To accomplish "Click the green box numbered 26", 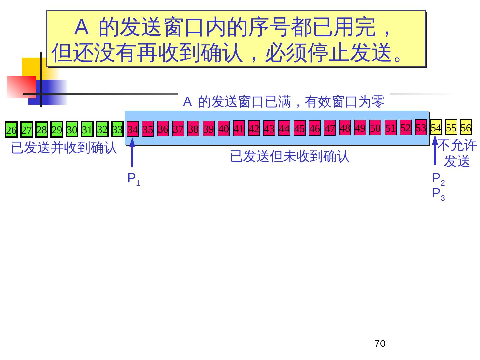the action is (x=11, y=130).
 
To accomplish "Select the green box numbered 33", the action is (x=117, y=129).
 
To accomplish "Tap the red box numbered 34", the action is (x=133, y=129).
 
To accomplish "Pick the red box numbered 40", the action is (x=224, y=129).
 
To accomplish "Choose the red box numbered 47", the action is (x=330, y=128).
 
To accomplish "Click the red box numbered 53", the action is (x=421, y=128).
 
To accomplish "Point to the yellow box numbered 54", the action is (x=436, y=128).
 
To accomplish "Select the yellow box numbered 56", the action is (x=466, y=127).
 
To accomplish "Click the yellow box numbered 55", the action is (x=451, y=127).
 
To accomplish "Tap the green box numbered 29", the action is (x=57, y=130).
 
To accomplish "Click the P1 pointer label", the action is (x=134, y=179).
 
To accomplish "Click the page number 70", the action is (x=380, y=344).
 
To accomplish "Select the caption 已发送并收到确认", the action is (x=64, y=148).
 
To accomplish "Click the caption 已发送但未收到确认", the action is (x=290, y=156).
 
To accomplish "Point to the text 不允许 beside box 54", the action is (x=457, y=146).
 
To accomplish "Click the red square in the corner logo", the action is (x=21, y=87).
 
